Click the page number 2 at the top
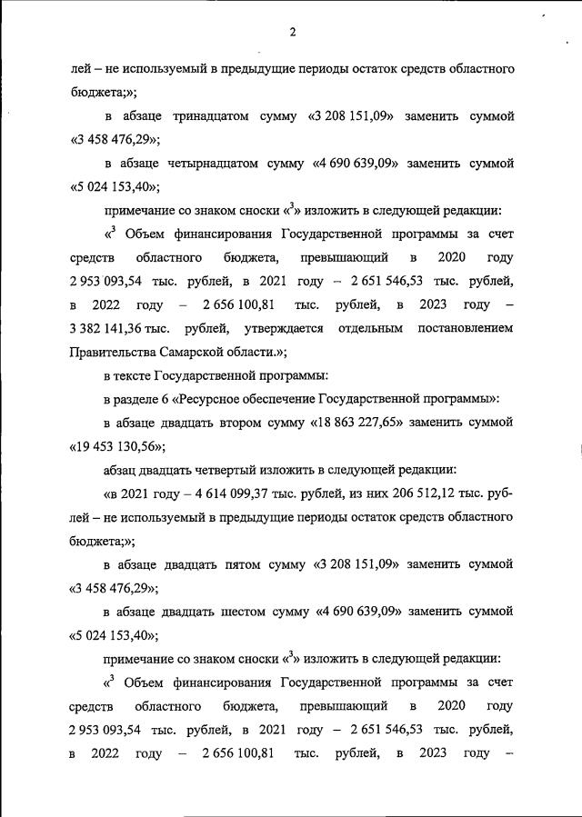click(x=293, y=34)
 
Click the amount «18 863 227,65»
click(x=364, y=422)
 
